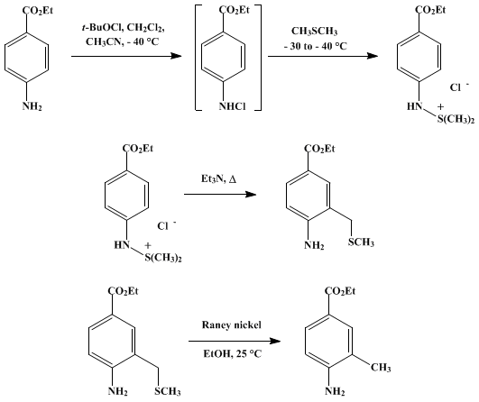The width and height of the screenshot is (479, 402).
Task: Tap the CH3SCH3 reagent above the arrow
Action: [x=314, y=32]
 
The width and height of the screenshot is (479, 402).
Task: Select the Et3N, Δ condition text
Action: [x=218, y=178]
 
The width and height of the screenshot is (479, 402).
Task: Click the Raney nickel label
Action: [x=232, y=324]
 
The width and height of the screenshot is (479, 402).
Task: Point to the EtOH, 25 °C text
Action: [x=233, y=353]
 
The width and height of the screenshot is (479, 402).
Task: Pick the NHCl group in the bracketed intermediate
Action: [x=232, y=106]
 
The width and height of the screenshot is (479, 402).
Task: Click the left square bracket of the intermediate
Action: [x=198, y=58]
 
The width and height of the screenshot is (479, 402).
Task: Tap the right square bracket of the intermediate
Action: [x=259, y=58]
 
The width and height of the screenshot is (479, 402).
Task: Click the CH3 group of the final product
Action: [x=381, y=367]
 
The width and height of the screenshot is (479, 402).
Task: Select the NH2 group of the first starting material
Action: [x=32, y=106]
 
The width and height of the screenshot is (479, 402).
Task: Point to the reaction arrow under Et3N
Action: [x=220, y=194]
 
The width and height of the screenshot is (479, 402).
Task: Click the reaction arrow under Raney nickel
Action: [x=235, y=341]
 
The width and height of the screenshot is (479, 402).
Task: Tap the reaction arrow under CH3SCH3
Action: [x=323, y=56]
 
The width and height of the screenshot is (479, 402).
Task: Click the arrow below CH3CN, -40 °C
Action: [x=126, y=56]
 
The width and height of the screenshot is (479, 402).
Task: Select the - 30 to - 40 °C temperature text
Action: [x=315, y=46]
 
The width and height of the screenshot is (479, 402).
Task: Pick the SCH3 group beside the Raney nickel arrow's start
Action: [x=168, y=391]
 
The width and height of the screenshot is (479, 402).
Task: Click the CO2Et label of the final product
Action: [x=340, y=291]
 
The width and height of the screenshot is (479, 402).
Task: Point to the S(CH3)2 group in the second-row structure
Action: [x=163, y=258]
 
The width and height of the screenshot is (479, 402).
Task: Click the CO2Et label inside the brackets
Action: [x=235, y=10]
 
